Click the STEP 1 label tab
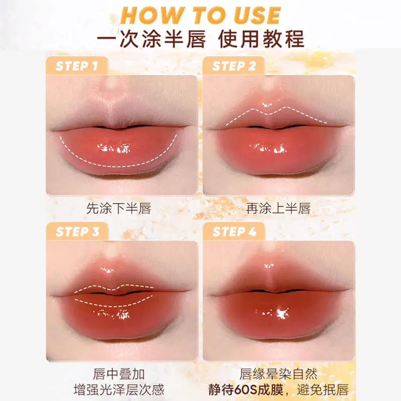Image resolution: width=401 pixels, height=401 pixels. [77, 66]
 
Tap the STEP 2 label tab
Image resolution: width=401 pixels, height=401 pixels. [234, 66]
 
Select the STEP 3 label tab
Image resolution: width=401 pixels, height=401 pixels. [77, 231]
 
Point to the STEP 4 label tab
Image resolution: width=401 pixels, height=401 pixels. [234, 231]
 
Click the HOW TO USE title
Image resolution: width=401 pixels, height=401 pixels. [201, 15]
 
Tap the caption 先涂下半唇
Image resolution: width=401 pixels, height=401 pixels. [119, 208]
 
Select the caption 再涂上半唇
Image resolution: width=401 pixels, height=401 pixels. [278, 208]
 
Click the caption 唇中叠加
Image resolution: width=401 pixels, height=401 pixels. [119, 374]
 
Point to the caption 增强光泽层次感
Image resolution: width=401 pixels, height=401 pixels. [119, 390]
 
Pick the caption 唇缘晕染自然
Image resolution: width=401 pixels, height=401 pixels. [278, 374]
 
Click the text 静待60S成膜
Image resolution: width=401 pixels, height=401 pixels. [246, 390]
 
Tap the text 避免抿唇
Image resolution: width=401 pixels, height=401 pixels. [323, 390]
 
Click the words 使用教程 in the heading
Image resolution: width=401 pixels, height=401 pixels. [261, 39]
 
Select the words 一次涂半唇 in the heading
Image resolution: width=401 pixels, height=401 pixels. [152, 39]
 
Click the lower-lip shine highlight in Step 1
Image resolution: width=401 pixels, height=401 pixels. [114, 148]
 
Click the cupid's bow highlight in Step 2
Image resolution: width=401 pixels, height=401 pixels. [266, 104]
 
